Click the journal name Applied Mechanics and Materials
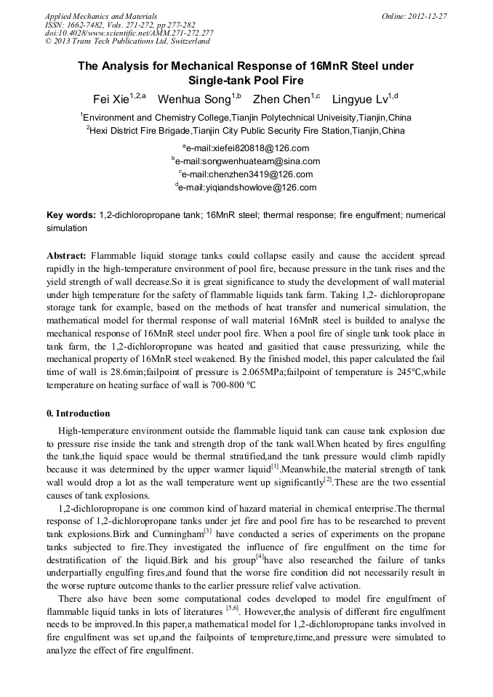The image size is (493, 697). click(x=101, y=15)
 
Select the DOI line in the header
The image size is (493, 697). click(x=129, y=33)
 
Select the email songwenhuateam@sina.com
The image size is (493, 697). click(x=249, y=161)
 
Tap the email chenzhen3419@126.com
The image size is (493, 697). click(x=249, y=174)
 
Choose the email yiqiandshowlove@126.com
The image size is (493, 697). click(x=249, y=188)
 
